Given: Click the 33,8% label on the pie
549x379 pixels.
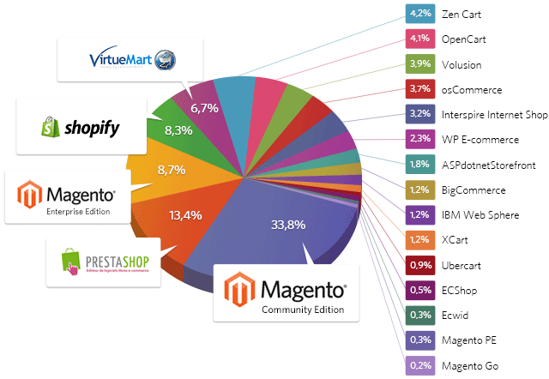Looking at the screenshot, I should [288, 226].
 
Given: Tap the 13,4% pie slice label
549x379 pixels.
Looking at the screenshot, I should [184, 214].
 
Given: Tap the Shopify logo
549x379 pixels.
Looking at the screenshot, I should [81, 128].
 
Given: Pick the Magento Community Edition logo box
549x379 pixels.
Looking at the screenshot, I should [285, 293].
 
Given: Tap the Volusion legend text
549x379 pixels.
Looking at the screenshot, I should [461, 64].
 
